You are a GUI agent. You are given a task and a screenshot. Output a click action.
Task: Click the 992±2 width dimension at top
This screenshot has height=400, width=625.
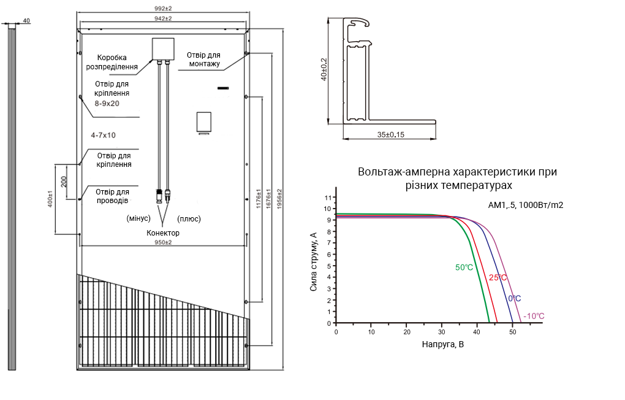(163, 9)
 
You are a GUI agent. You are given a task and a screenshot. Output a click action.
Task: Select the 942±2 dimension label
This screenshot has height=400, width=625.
(163, 19)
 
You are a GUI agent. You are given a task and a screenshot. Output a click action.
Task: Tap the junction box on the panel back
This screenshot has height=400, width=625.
(163, 49)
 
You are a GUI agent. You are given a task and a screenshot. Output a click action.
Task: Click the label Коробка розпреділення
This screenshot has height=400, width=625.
(112, 63)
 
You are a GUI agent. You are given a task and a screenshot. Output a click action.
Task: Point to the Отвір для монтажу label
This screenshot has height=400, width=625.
(203, 60)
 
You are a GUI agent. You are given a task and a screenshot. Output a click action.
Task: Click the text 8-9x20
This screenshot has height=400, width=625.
(107, 104)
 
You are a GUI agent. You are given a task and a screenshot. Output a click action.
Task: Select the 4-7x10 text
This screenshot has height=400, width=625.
(103, 136)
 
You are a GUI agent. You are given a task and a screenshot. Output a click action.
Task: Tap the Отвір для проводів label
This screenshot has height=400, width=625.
(112, 196)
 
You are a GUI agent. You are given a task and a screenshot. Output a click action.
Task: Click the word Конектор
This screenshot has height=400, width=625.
(163, 233)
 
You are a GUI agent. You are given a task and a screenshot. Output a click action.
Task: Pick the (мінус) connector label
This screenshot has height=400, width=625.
(138, 218)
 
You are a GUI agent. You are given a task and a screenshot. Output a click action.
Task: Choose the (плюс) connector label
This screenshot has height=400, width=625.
(189, 219)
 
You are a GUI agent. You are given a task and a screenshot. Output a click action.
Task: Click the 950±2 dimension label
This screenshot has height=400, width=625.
(163, 242)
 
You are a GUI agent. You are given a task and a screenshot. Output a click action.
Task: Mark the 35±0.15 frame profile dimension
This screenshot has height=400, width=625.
(391, 135)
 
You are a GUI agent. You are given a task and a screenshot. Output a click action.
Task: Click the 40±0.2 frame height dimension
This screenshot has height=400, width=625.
(324, 69)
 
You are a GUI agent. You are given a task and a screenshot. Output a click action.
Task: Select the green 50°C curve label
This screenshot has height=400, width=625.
(464, 267)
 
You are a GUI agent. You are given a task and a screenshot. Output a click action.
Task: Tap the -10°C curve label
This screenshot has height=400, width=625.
(534, 316)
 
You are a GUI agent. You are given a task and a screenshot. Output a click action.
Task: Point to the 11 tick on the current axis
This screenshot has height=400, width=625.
(328, 198)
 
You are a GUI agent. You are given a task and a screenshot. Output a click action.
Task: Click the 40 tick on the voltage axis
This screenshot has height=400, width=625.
(477, 332)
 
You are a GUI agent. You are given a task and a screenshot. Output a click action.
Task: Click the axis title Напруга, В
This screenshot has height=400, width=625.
(443, 345)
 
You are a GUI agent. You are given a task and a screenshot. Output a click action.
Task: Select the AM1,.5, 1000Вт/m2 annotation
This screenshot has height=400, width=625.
(526, 205)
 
